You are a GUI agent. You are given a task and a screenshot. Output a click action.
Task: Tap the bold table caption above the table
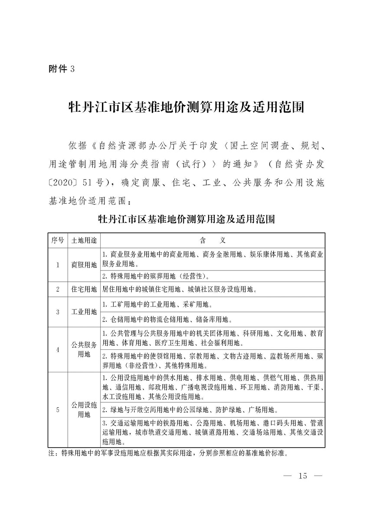click(186, 218)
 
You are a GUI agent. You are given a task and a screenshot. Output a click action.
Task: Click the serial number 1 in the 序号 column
click(57, 265)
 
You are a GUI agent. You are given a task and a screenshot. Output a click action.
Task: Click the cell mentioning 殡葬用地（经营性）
click(156, 276)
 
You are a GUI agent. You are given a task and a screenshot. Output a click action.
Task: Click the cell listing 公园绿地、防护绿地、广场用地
click(188, 410)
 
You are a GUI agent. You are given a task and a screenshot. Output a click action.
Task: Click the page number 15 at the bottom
click(302, 476)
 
